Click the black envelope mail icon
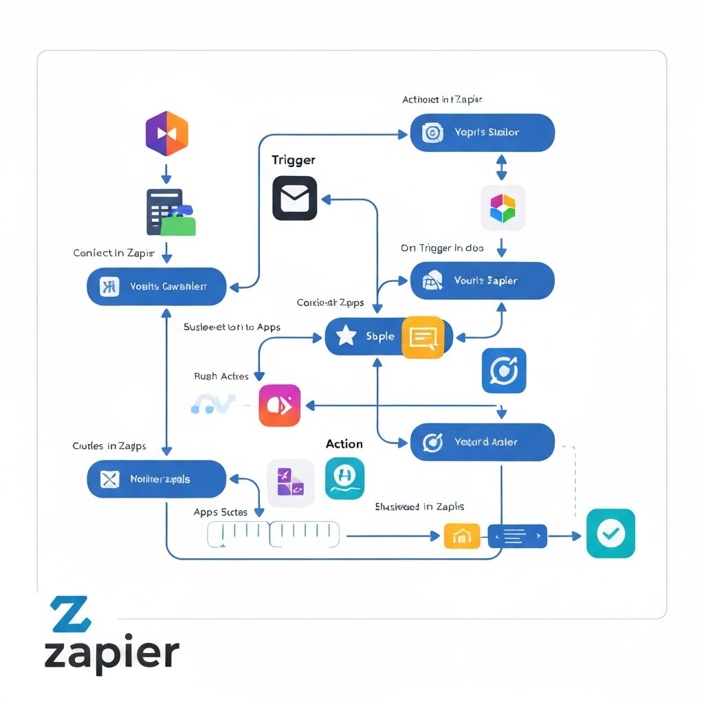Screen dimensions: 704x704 294,198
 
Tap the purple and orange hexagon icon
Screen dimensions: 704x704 166,133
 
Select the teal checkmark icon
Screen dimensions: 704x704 610,533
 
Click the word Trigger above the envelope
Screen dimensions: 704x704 293,160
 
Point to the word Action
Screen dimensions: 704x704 344,444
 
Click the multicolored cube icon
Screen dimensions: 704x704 503,208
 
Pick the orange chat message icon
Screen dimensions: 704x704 422,337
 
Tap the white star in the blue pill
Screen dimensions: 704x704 345,336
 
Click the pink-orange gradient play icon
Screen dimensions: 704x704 279,406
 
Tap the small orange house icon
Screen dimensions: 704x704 462,536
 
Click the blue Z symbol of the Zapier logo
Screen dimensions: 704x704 70,614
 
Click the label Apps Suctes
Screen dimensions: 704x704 220,512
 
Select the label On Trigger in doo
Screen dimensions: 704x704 442,248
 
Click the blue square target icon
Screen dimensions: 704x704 504,371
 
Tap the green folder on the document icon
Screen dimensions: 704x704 179,223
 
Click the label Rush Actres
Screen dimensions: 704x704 221,376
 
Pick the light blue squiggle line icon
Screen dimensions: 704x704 213,405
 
